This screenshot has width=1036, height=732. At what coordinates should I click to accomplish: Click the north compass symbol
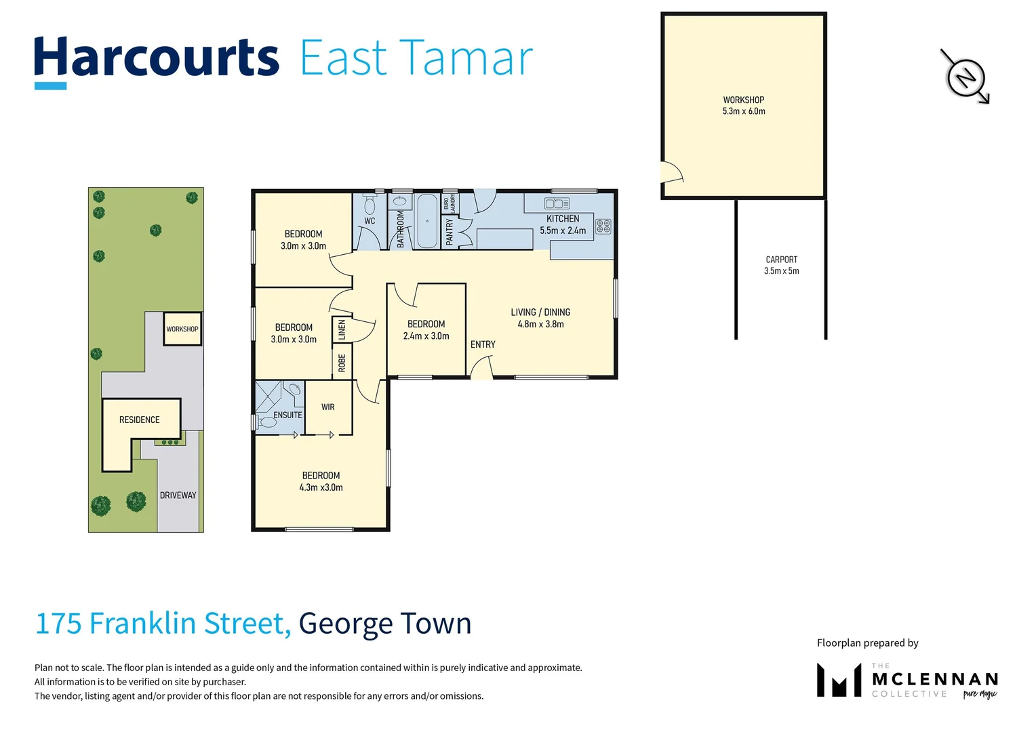pos(965,77)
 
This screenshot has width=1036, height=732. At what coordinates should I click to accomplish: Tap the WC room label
pos(370,221)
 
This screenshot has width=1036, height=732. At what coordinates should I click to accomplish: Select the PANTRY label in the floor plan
pos(449,232)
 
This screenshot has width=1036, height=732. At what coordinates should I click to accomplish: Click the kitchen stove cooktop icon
pos(603,226)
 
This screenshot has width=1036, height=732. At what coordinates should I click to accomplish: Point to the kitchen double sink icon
pos(557,203)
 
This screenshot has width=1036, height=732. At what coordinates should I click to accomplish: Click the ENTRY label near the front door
pos(483,344)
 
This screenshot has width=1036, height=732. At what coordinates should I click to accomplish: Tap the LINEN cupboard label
pos(342,330)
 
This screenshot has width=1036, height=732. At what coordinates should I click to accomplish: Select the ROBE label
pos(342,363)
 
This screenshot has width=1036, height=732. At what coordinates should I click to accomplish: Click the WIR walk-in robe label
pos(328,407)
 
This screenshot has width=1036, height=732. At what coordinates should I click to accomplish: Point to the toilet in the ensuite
pos(268,422)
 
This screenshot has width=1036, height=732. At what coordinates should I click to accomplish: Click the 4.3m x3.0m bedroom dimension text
pos(321,487)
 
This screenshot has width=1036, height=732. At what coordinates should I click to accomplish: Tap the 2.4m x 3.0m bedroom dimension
pos(426,336)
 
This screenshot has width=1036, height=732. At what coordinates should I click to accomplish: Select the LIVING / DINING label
pos(540,312)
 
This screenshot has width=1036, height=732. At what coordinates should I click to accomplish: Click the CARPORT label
pos(781,260)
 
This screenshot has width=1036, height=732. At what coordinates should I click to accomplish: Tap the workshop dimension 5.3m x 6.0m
pos(743,111)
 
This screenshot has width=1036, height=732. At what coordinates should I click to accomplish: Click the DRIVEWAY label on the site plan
pos(178,495)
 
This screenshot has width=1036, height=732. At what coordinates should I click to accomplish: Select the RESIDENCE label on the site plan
pos(140,420)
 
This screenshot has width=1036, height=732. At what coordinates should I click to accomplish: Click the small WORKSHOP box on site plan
pos(182,329)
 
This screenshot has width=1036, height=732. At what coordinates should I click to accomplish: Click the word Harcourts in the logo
pos(157,58)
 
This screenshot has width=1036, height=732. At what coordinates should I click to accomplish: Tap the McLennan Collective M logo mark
pos(839,680)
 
